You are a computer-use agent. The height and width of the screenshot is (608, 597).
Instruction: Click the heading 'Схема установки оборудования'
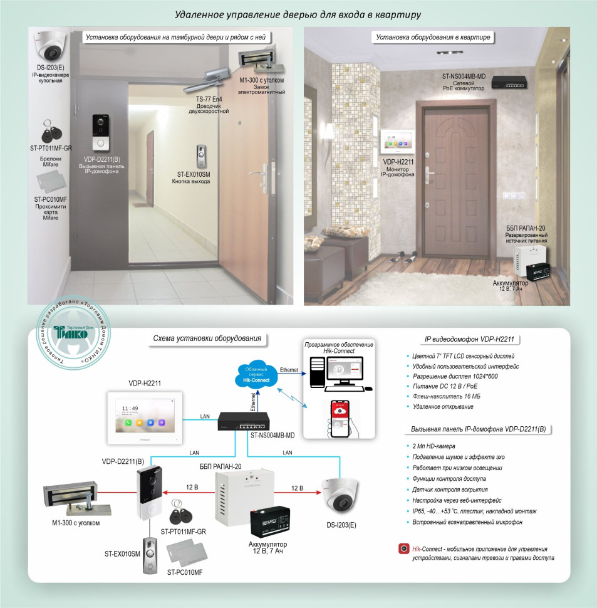coord(207,339)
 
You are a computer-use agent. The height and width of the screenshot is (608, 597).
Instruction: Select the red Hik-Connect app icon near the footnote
coord(404,549)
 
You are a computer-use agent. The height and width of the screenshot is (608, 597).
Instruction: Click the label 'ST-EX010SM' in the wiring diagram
coord(122,554)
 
